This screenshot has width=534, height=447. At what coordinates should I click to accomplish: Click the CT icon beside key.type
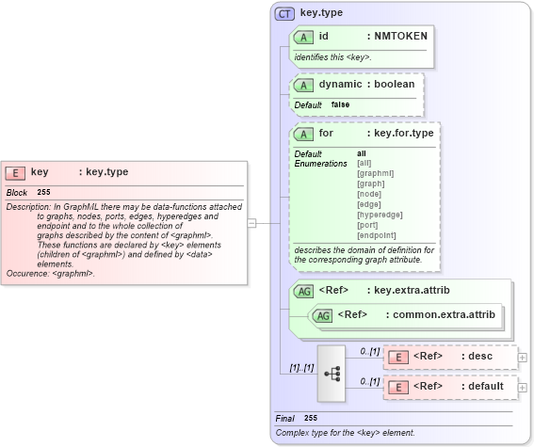tap(284, 14)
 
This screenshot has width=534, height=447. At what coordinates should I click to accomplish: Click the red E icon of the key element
tap(15, 172)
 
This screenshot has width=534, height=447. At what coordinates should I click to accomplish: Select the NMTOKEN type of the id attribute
tap(400, 36)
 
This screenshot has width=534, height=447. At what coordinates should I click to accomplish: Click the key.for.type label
tap(403, 133)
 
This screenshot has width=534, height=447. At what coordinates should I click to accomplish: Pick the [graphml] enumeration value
tap(375, 173)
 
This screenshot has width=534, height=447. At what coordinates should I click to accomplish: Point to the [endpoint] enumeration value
tap(376, 235)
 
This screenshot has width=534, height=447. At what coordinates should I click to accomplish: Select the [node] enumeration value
tap(369, 194)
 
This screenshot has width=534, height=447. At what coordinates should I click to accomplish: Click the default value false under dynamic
tap(341, 104)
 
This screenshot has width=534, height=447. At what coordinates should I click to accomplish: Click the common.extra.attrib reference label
tap(438, 314)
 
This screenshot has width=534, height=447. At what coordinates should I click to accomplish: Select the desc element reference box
tap(451, 358)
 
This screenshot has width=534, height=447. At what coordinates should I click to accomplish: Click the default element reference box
tap(451, 387)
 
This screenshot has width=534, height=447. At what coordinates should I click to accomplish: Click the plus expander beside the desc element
tap(523, 358)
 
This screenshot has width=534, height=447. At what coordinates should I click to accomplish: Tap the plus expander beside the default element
tap(523, 387)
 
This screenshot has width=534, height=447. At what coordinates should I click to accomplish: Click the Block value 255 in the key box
tap(43, 192)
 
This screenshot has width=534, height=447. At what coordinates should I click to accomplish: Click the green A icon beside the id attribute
tap(303, 37)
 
